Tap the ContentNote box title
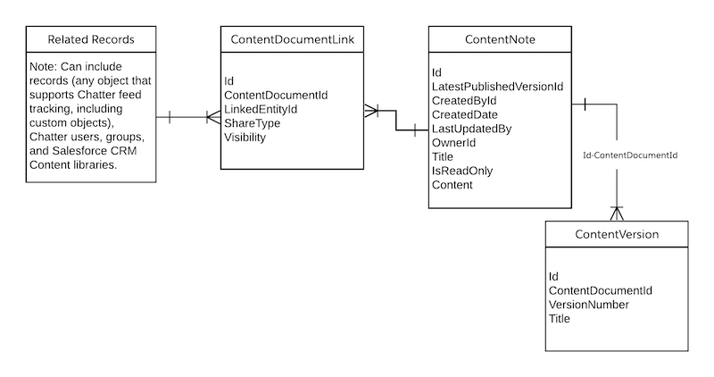(500, 39)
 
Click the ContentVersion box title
(616, 235)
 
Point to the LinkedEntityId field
(261, 109)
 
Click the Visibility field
(245, 138)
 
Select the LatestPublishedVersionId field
(496, 86)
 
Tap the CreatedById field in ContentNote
(463, 100)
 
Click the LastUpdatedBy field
(470, 129)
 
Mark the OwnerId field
(453, 143)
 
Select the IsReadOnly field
(461, 171)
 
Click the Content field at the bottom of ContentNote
(452, 185)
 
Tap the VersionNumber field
(588, 305)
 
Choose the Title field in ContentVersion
(560, 318)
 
